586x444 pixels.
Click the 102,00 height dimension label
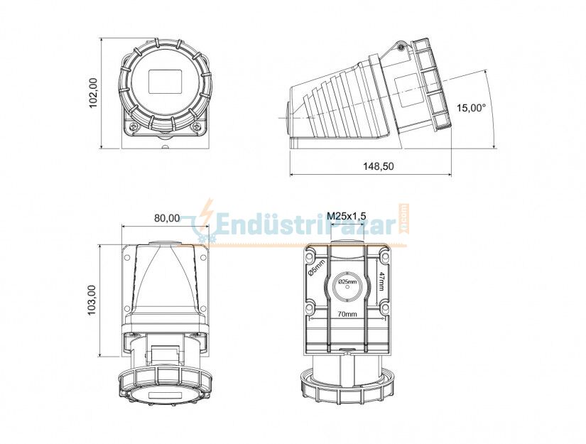[x=93, y=93]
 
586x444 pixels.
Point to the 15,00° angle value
[x=471, y=108]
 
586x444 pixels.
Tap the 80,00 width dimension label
[x=167, y=218]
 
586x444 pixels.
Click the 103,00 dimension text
[x=92, y=300]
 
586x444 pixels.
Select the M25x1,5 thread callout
[x=346, y=216]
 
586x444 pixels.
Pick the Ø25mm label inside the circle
[x=347, y=283]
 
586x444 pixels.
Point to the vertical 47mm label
[x=381, y=281]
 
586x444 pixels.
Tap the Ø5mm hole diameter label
[x=317, y=269]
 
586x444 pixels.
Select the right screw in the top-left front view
[x=197, y=127]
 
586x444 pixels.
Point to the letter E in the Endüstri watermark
[x=223, y=225]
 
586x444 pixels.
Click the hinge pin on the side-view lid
[x=401, y=48]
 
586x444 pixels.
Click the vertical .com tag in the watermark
[x=403, y=220]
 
